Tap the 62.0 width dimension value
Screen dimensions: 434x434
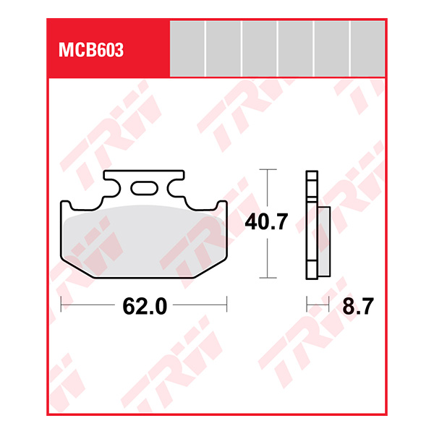click(144, 306)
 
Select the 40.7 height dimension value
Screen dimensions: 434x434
click(268, 223)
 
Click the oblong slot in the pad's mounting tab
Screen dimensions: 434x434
click(143, 189)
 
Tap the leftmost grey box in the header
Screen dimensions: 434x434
click(187, 48)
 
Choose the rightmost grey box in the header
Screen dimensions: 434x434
click(367, 48)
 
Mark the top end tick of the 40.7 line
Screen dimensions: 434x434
click(268, 170)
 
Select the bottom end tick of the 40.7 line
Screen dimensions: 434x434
click(268, 278)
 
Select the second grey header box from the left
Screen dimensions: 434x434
click(224, 48)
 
